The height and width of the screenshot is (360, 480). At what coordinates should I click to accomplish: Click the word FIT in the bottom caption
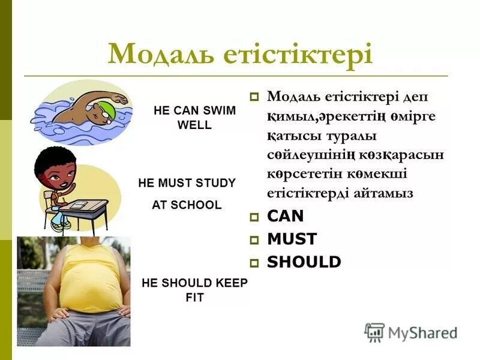point(194,298)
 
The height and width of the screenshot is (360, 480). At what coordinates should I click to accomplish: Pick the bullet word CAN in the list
point(286,217)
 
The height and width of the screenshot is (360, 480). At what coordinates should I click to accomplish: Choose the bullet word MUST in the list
point(292,239)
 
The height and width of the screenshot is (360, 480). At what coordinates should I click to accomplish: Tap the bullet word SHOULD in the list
point(304,262)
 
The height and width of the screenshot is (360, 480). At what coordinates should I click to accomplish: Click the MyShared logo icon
point(374,332)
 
